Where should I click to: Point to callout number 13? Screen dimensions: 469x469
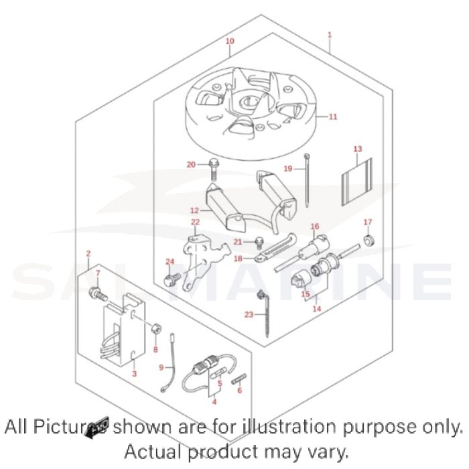[x=357, y=149]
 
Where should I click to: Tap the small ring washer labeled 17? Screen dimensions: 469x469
[x=367, y=240]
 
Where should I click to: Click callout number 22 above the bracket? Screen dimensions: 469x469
[x=195, y=222]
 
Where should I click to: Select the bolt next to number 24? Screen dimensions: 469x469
[x=171, y=277]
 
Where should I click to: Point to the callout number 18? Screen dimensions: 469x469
[x=238, y=257]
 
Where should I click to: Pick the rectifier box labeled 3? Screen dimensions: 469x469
[x=123, y=334]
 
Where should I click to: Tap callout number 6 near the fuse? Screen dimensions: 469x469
[x=239, y=390]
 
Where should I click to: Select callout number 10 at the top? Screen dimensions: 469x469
[x=230, y=41]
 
